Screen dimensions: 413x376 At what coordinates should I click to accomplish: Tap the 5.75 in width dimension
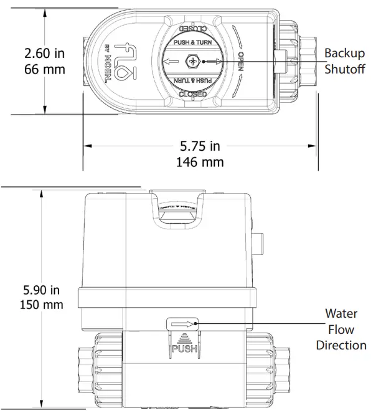[200, 146]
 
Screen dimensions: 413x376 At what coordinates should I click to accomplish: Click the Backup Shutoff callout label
[345, 60]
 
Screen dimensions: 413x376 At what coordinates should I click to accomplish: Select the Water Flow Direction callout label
[341, 329]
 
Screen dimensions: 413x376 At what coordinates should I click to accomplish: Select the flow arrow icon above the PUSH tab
[183, 323]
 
